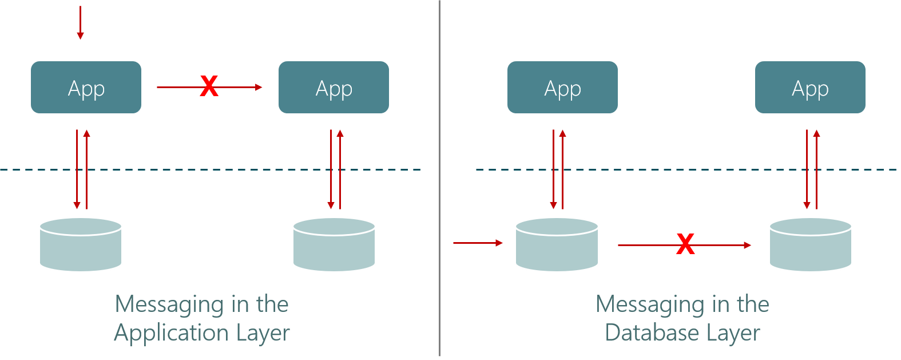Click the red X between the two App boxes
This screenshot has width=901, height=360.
pyautogui.click(x=209, y=86)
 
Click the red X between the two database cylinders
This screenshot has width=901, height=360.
pyautogui.click(x=685, y=244)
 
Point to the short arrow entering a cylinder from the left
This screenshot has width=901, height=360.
pyautogui.click(x=478, y=243)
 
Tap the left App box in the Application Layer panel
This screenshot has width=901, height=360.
pyautogui.click(x=86, y=87)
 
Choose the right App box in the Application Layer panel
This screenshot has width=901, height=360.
pyautogui.click(x=334, y=87)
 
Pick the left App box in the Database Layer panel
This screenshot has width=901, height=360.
pyautogui.click(x=562, y=87)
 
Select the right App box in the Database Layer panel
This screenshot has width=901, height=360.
pyautogui.click(x=810, y=87)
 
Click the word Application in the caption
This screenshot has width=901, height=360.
pyautogui.click(x=165, y=333)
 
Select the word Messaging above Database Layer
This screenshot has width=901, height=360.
pyautogui.click(x=649, y=304)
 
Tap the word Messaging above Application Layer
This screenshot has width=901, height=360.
pyautogui.click(x=168, y=304)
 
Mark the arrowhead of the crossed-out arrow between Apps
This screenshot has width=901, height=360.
pyautogui.click(x=259, y=87)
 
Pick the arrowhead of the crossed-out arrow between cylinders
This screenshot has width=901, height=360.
pyautogui.click(x=748, y=245)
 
